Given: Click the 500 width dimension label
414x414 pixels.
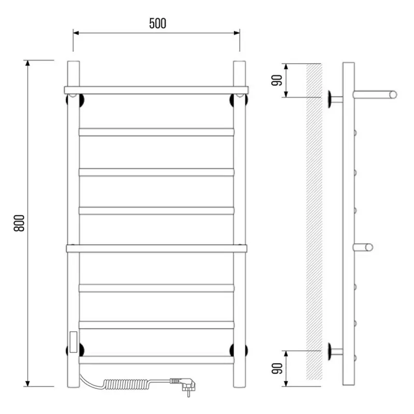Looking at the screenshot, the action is (x=158, y=23).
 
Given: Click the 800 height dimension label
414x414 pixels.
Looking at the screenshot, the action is (x=19, y=224).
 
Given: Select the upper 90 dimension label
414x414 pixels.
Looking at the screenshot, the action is (x=277, y=80).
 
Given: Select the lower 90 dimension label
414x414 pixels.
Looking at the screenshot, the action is (x=277, y=368).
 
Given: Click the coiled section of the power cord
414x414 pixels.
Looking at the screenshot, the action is (x=127, y=384).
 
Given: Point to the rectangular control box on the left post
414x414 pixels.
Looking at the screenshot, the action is (x=73, y=342).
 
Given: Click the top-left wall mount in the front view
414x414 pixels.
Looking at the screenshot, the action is (x=75, y=100).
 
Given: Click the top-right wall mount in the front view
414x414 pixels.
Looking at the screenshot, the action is (x=239, y=100).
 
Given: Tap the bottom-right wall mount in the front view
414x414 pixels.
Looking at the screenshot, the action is (x=239, y=350).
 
